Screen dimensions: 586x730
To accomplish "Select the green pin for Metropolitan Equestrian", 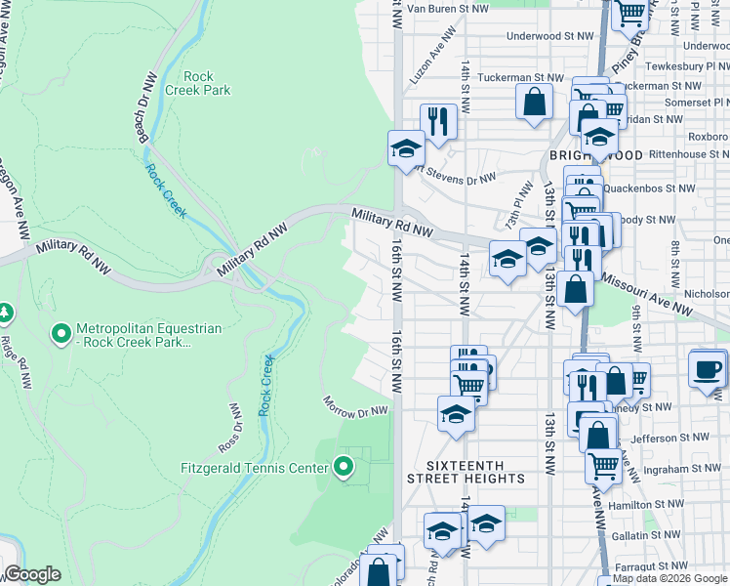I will pyautogui.click(x=61, y=334).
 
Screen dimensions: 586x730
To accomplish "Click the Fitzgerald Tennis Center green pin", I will pyautogui.click(x=343, y=468).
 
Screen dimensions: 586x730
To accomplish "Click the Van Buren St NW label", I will pyautogui.click(x=447, y=8).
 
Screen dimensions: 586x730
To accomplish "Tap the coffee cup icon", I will pyautogui.click(x=708, y=370).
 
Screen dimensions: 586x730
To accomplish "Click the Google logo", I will pyautogui.click(x=32, y=574).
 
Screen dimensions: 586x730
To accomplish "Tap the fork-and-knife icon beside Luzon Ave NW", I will pyautogui.click(x=438, y=121).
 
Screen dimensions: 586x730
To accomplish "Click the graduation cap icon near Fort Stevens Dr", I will pyautogui.click(x=407, y=149).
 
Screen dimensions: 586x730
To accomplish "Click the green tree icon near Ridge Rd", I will pyautogui.click(x=6, y=313).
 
